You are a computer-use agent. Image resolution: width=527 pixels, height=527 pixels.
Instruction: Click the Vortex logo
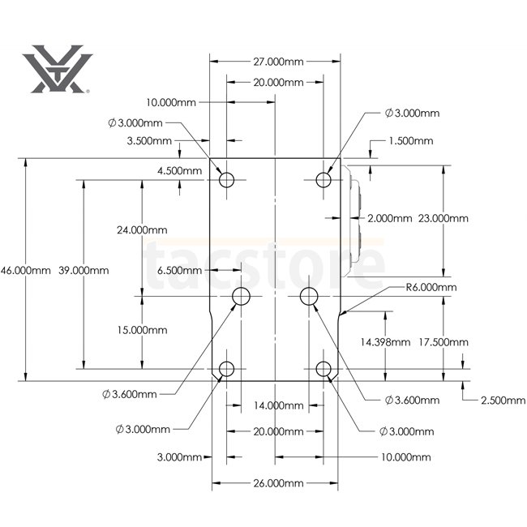click(x=57, y=69)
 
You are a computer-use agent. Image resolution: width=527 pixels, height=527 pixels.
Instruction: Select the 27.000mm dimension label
click(x=278, y=62)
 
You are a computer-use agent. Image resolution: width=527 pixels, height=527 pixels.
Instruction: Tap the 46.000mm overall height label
click(x=26, y=270)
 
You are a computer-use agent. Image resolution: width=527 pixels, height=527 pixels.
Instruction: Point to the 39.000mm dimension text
click(x=84, y=270)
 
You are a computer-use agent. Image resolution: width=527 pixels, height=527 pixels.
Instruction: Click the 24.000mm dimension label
click(x=142, y=230)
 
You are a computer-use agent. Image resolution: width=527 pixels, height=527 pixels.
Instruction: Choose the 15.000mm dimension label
click(x=142, y=330)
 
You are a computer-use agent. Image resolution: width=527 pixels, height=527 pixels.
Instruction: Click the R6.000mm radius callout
click(x=431, y=287)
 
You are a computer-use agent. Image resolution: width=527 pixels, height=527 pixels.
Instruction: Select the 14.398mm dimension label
click(x=385, y=342)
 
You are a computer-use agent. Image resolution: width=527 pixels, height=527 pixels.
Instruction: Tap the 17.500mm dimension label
click(x=443, y=342)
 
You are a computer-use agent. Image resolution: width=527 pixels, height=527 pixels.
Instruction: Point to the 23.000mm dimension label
click(x=443, y=218)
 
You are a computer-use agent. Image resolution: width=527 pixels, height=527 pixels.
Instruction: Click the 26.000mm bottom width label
click(x=278, y=483)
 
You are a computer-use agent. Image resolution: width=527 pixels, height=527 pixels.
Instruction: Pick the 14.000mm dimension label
click(x=278, y=405)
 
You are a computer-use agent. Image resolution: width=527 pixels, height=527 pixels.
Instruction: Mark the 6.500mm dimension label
click(x=179, y=270)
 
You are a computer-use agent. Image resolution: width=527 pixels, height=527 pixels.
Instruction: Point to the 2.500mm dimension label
click(x=503, y=401)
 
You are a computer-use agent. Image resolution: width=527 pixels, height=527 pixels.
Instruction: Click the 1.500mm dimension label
click(x=411, y=140)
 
